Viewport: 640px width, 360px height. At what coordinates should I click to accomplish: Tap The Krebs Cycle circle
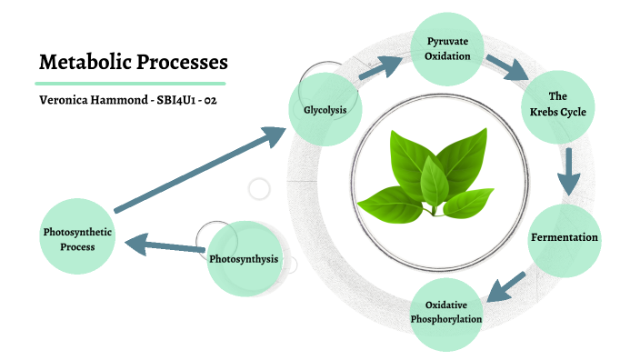click(558, 105)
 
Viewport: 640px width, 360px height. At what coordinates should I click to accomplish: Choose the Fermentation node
click(564, 238)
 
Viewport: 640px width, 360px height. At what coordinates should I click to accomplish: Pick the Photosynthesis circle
click(243, 260)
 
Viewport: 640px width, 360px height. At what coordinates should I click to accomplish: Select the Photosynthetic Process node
click(77, 237)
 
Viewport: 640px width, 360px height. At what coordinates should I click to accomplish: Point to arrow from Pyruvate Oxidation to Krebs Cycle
click(506, 68)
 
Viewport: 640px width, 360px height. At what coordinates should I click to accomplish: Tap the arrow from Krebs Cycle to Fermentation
click(569, 172)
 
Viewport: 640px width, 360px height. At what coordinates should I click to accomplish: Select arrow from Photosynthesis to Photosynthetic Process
click(165, 245)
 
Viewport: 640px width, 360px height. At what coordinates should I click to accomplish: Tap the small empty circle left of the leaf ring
click(260, 189)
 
